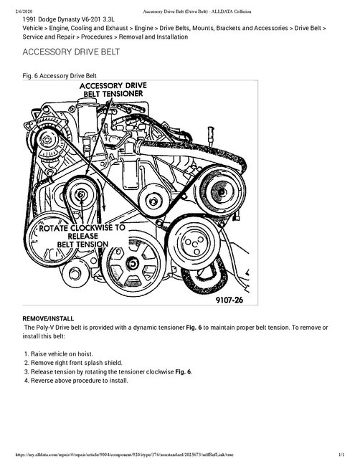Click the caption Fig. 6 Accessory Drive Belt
[66, 75]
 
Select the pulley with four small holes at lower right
[194, 236]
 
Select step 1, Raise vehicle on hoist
[69, 353]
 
